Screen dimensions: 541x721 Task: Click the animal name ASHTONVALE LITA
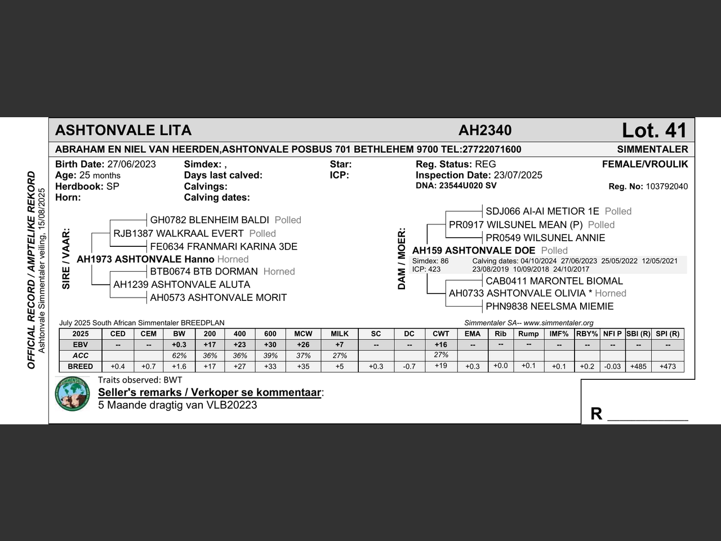(x=123, y=131)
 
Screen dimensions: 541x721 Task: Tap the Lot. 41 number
(x=655, y=131)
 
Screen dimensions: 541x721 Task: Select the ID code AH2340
(x=485, y=131)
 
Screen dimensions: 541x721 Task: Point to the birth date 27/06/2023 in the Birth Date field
(x=131, y=165)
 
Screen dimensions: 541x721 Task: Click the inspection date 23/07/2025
(x=518, y=175)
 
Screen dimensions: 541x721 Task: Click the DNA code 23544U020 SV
(x=468, y=185)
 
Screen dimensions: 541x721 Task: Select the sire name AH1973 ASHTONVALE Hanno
(x=145, y=259)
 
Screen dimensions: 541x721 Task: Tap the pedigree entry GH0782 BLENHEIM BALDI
(x=210, y=220)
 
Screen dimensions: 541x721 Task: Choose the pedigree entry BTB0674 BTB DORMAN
(x=204, y=271)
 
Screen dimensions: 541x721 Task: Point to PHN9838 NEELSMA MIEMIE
(x=550, y=307)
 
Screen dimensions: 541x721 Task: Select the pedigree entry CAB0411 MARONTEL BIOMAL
(x=554, y=281)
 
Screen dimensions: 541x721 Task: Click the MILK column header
(x=340, y=334)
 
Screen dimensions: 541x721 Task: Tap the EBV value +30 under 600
(x=270, y=344)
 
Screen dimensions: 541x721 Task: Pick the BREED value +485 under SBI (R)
(x=638, y=366)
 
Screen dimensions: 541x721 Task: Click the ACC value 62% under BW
(x=179, y=356)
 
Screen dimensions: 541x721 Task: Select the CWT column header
(x=441, y=334)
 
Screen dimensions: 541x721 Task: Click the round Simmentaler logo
(x=73, y=393)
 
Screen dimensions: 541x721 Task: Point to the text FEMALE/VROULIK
(x=645, y=165)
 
